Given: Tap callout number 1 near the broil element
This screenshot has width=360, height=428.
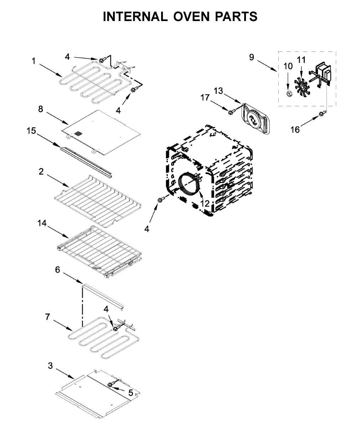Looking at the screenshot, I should click(34, 61).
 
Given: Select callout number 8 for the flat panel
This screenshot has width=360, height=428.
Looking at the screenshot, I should click(41, 109).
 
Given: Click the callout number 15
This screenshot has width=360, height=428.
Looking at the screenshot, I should click(31, 131).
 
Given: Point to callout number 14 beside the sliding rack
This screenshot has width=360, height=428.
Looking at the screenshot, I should click(42, 223).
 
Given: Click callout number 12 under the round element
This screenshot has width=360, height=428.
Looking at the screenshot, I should click(205, 203).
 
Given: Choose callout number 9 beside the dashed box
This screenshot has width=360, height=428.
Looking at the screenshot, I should click(252, 57).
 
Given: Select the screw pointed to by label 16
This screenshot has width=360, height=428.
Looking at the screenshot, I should click(322, 113).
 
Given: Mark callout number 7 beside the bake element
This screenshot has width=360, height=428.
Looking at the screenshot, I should click(48, 317).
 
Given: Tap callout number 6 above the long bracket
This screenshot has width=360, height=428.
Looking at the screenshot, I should click(57, 270).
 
